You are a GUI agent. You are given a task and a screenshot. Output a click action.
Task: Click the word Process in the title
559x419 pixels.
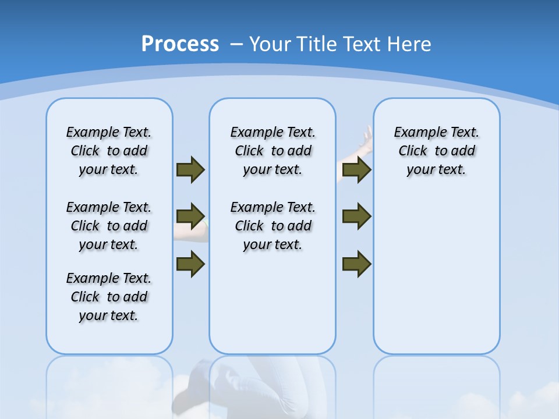click(180, 44)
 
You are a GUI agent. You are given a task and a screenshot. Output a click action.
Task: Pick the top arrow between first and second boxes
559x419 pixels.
click(190, 169)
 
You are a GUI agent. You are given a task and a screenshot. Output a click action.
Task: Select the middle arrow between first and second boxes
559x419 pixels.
click(190, 216)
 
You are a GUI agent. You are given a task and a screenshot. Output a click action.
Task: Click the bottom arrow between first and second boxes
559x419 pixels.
click(190, 263)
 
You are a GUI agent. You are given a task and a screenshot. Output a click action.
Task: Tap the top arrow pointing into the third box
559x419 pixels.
click(357, 169)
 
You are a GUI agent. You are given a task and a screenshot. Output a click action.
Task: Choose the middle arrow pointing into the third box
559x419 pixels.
click(357, 216)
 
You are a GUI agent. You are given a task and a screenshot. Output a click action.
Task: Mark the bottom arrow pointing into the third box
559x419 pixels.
click(357, 264)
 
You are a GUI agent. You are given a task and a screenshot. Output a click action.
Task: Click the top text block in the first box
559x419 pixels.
click(109, 151)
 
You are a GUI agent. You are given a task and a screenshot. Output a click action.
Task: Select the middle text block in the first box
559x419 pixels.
click(109, 226)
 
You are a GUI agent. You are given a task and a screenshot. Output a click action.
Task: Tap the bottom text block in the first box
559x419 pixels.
click(109, 297)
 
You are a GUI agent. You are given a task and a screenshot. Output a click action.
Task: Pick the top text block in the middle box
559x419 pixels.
click(273, 151)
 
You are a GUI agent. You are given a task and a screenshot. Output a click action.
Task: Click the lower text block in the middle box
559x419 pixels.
click(273, 226)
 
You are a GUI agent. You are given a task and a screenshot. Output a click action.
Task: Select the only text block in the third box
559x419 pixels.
click(436, 151)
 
